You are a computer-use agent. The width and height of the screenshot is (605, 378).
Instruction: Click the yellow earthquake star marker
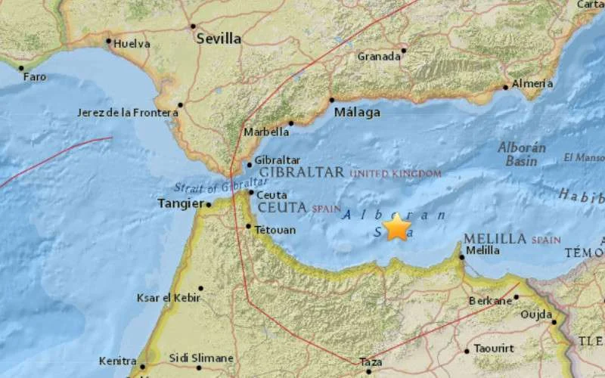397,227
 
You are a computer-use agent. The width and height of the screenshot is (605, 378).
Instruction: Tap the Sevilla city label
219,39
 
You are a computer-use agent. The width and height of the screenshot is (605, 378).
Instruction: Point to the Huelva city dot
109,42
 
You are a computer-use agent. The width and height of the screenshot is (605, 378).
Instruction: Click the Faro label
34,77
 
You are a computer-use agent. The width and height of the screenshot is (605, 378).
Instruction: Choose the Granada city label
379,57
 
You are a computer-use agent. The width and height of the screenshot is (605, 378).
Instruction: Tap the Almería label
532,84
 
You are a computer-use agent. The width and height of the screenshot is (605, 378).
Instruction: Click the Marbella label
265,132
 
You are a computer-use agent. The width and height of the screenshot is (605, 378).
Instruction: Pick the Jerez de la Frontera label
128,113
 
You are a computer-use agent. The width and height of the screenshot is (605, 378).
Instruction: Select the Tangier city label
179,203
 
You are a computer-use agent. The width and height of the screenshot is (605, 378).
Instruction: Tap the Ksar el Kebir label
168,298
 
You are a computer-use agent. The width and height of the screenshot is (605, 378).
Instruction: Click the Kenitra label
117,361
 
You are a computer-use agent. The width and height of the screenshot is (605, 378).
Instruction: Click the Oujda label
535,315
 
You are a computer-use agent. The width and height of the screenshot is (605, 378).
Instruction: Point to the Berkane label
490,301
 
